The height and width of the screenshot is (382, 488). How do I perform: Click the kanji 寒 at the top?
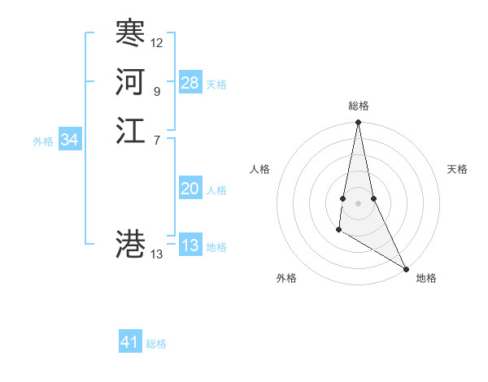(131, 33)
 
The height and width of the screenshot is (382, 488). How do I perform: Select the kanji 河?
(131, 81)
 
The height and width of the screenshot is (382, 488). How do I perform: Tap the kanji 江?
(131, 130)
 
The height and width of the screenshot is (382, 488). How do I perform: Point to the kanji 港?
(131, 244)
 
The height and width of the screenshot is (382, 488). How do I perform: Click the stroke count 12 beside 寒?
(157, 42)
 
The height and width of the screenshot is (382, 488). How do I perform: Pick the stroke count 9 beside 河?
(156, 91)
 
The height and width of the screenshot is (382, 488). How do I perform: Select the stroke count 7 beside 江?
(156, 140)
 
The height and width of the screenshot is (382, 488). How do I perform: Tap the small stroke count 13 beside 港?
(157, 254)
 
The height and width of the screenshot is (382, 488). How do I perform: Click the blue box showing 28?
(190, 83)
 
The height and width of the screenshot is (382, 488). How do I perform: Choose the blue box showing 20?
(190, 189)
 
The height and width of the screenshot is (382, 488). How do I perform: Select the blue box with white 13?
(190, 245)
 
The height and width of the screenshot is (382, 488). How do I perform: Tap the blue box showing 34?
(70, 140)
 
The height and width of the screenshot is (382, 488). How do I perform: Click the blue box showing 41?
(130, 342)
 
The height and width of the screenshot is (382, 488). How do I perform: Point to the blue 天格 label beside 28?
(216, 85)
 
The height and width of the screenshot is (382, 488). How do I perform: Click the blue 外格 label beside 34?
(43, 141)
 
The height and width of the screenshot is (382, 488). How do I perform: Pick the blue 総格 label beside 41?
(156, 344)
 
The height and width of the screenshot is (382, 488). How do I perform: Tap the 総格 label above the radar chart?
(359, 106)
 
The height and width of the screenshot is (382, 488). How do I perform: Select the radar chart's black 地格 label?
(426, 279)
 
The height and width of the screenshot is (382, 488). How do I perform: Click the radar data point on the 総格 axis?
(358, 123)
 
